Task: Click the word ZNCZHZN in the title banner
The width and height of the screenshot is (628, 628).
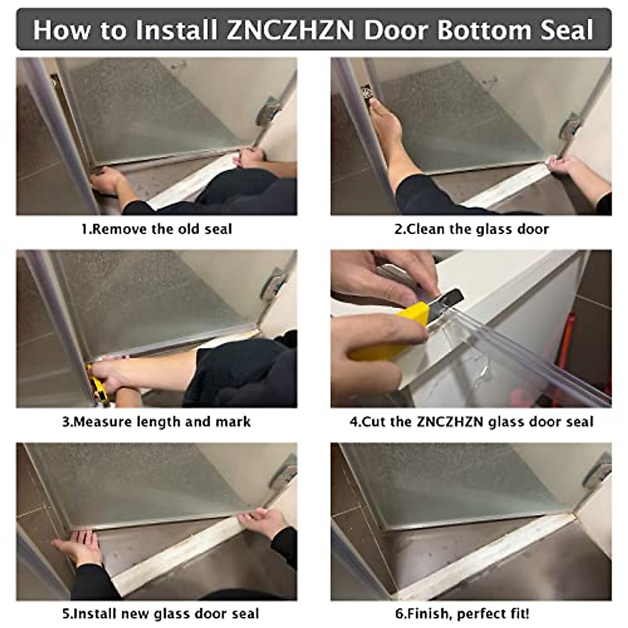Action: [x=290, y=30]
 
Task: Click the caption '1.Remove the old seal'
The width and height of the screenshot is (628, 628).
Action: [x=157, y=229]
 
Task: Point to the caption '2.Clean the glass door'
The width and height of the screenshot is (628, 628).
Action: [x=472, y=229]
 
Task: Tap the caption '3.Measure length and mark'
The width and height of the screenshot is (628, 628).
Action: [x=156, y=422]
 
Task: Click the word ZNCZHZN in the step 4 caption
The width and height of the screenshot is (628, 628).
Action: [x=450, y=422]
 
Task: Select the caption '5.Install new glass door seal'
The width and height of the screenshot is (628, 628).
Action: [x=160, y=614]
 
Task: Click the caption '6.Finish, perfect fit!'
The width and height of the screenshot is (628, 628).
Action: [x=462, y=614]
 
